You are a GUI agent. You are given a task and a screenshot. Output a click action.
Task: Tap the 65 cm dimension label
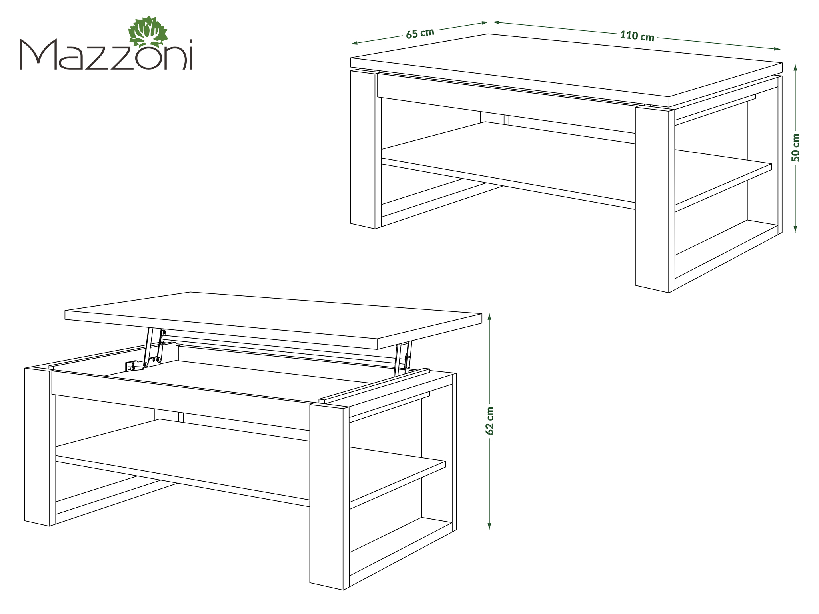tap(420, 34)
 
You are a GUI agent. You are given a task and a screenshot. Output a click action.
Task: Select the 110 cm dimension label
tap(637, 36)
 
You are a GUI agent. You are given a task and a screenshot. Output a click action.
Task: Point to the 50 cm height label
tap(796, 148)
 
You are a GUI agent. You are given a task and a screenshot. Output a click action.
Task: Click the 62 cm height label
tap(489, 421)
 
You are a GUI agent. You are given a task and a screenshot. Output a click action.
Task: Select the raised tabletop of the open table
tap(274, 320)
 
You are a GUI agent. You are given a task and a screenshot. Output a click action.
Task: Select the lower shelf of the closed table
tap(576, 166)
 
